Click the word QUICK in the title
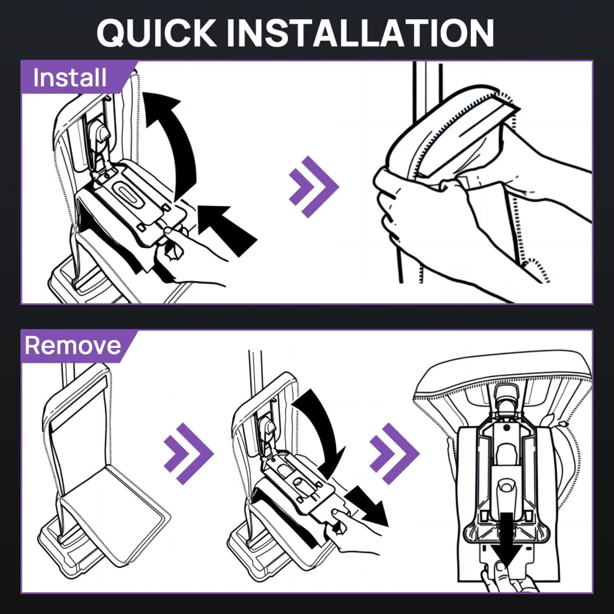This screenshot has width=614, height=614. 157,33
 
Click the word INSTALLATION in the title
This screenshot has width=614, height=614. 360,33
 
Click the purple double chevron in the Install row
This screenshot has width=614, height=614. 314,187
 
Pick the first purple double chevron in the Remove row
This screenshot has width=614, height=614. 189,453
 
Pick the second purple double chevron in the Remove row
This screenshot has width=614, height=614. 394,453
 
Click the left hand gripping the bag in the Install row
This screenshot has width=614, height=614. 423,220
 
